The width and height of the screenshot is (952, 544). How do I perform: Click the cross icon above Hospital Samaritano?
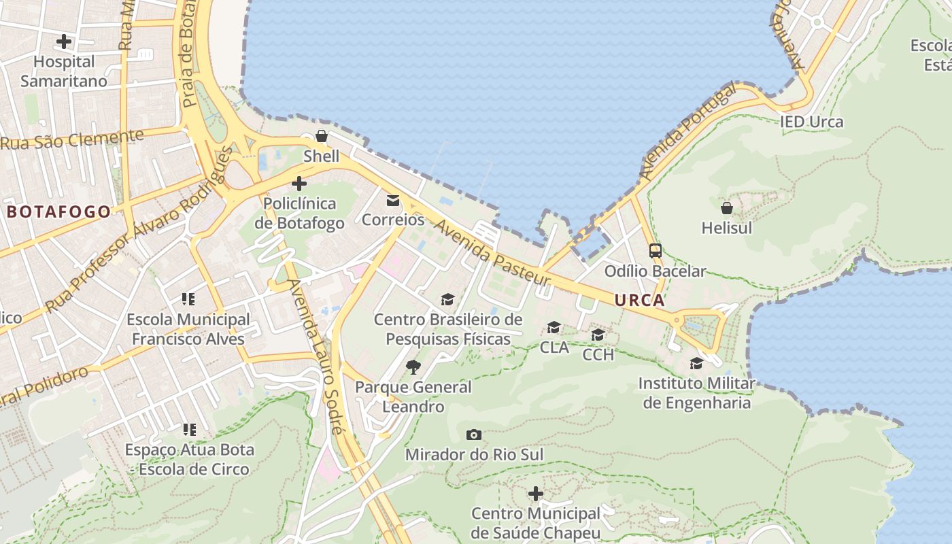pyautogui.click(x=64, y=41)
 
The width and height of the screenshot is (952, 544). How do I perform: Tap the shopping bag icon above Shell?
pyautogui.click(x=322, y=137)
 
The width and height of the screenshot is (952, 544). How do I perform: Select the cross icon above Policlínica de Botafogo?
pyautogui.click(x=299, y=184)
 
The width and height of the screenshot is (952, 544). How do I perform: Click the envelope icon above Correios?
pyautogui.click(x=393, y=201)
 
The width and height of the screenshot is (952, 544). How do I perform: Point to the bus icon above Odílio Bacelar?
pyautogui.click(x=656, y=251)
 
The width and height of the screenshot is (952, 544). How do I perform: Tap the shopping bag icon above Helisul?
pyautogui.click(x=727, y=208)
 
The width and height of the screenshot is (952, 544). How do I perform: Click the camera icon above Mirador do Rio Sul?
pyautogui.click(x=474, y=435)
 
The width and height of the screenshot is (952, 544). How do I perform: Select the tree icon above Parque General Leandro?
pyautogui.click(x=413, y=367)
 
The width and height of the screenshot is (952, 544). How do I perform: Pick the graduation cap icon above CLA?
pyautogui.click(x=554, y=328)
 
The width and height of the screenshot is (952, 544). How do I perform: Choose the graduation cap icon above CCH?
pyautogui.click(x=598, y=335)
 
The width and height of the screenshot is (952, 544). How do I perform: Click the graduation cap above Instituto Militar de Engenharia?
pyautogui.click(x=696, y=364)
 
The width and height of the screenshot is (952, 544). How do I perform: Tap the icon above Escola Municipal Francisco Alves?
pyautogui.click(x=188, y=299)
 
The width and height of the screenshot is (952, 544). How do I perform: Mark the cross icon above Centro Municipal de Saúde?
pyautogui.click(x=536, y=493)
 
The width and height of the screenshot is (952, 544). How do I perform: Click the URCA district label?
pyautogui.click(x=639, y=300)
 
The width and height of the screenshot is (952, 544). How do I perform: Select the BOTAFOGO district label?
pyautogui.click(x=58, y=211)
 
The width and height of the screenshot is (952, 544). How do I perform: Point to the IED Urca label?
pyautogui.click(x=811, y=122)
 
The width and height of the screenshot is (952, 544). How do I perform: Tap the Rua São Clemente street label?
pyautogui.click(x=72, y=139)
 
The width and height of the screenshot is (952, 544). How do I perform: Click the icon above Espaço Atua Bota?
pyautogui.click(x=189, y=430)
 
